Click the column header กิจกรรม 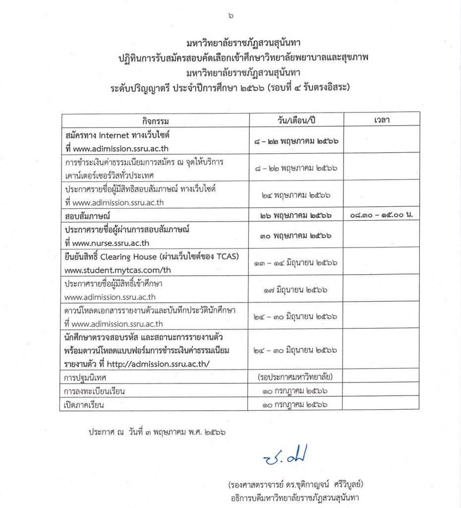coord(155,121)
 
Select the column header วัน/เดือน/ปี coord(296,121)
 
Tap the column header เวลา coord(381,121)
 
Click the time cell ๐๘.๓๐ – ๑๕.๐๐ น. coord(381,216)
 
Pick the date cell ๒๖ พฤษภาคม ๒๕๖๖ coord(296,216)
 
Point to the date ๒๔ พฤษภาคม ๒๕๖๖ coord(296,195)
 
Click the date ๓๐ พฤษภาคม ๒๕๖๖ coord(296,237)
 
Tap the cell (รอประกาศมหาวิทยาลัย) coord(296,378)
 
